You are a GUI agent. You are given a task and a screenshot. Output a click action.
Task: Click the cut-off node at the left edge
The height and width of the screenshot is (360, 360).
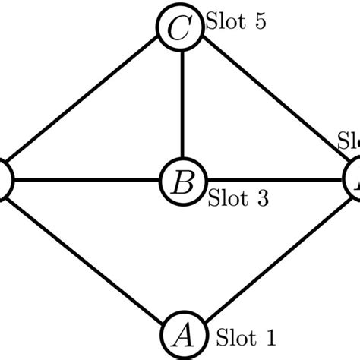tap(4, 181)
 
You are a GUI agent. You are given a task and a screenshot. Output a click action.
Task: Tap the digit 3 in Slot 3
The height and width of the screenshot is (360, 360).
tap(262, 200)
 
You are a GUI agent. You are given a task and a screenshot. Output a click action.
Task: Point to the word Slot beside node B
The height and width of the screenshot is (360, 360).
tap(228, 200)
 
